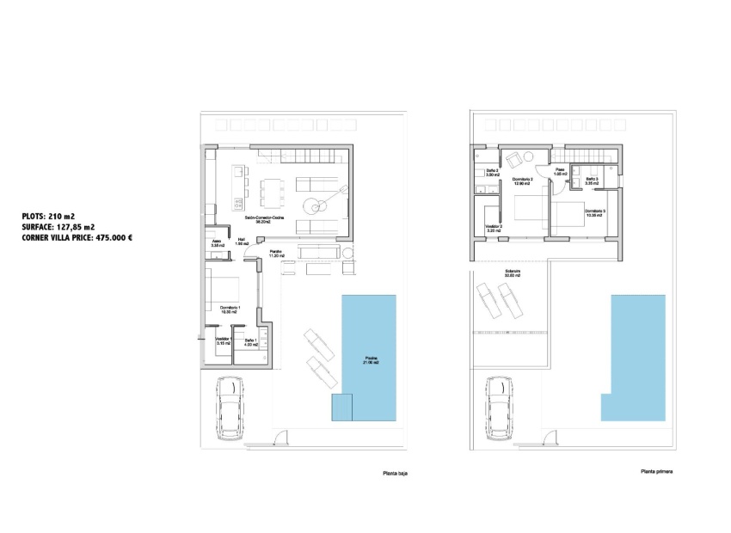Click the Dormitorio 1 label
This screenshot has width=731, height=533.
coord(230,309)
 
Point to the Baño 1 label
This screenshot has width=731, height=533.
coord(250,342)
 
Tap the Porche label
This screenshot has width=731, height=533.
coord(277,254)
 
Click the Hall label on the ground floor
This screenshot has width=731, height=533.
coord(243,243)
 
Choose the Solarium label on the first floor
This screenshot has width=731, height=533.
coord(513,274)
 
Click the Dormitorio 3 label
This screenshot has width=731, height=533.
coord(594,212)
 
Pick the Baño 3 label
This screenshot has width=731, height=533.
coord(591,180)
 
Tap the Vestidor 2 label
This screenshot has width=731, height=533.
coord(493,229)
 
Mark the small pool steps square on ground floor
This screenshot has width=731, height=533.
coord(342,407)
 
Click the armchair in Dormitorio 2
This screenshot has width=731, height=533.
coord(513,159)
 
